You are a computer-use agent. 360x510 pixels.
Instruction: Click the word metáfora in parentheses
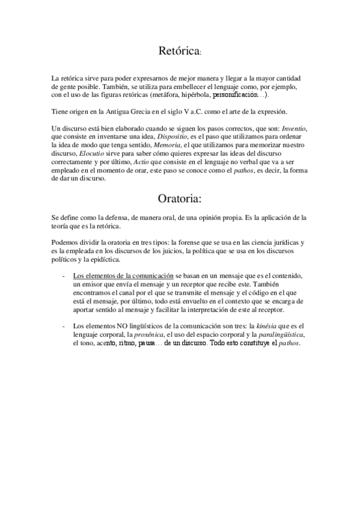(x=169, y=95)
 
